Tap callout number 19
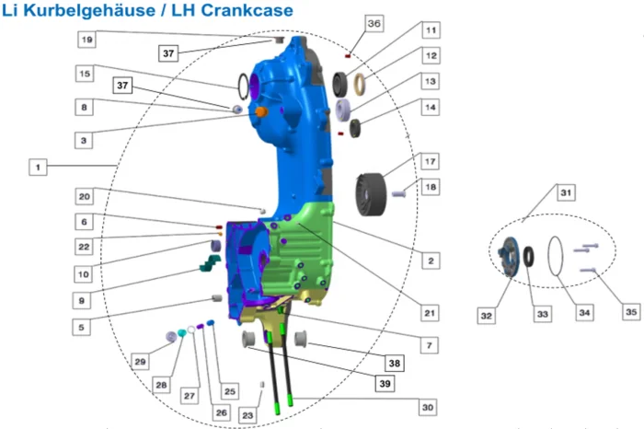[86, 40]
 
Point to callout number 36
[374, 23]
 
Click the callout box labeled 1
[38, 168]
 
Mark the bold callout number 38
[394, 363]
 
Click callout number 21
[429, 313]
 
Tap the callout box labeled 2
[429, 261]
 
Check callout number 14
[431, 107]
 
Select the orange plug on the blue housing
[260, 110]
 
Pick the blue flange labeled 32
[504, 254]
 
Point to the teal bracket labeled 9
[210, 265]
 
